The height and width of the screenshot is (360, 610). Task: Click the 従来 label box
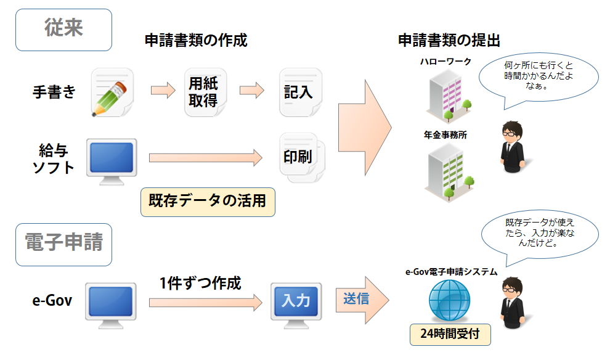tap(63, 29)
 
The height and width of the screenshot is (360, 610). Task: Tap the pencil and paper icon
tap(112, 92)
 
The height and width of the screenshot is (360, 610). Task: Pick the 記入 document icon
tap(299, 92)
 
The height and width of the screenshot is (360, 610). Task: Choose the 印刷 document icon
tap(301, 157)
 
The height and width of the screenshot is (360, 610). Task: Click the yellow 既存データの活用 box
tap(208, 202)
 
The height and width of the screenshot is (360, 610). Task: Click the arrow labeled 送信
tap(362, 300)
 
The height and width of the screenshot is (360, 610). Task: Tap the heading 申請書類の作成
tap(195, 41)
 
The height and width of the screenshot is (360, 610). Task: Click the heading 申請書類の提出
tap(449, 41)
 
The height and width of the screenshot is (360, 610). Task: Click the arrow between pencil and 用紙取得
tap(163, 91)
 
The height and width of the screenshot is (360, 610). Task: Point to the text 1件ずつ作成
tap(200, 283)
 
